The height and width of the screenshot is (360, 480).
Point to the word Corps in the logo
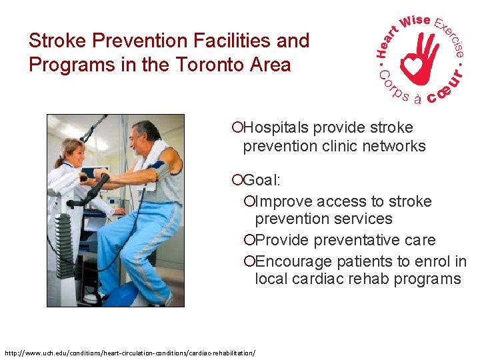(x=392, y=89)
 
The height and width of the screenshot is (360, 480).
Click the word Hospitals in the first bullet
(x=277, y=128)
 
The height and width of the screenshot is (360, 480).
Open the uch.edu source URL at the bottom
(x=130, y=351)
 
